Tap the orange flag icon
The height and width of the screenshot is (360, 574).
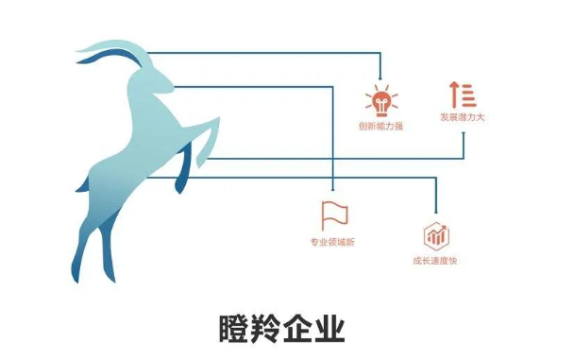pos(333,214)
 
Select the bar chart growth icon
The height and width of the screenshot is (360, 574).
pos(435,234)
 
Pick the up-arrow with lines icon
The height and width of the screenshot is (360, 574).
pos(463,94)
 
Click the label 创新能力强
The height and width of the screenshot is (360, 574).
pos(380,125)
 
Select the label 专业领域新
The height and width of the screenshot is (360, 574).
pos(333,243)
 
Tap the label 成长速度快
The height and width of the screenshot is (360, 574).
pos(436,261)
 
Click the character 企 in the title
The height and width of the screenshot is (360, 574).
pos(304,330)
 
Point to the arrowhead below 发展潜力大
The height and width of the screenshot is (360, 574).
pos(463,134)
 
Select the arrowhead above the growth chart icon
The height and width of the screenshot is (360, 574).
pos(435,215)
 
